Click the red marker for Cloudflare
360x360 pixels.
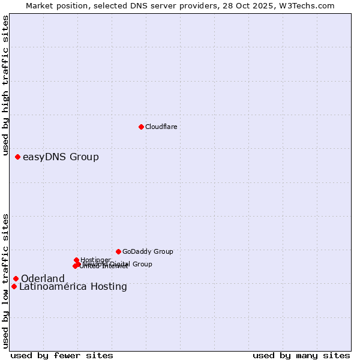click(141, 127)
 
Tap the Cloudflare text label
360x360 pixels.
click(161, 127)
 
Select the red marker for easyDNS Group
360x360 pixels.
click(17, 157)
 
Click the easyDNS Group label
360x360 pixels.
click(61, 157)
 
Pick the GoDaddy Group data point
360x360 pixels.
click(118, 251)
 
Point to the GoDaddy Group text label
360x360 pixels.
click(148, 251)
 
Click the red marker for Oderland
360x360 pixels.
click(16, 278)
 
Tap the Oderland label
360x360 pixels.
click(43, 279)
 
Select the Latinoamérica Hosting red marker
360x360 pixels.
click(14, 286)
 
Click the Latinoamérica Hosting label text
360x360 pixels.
click(73, 287)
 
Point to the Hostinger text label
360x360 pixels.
click(95, 260)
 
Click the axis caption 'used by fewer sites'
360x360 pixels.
click(62, 355)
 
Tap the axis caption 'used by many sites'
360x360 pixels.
click(301, 355)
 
